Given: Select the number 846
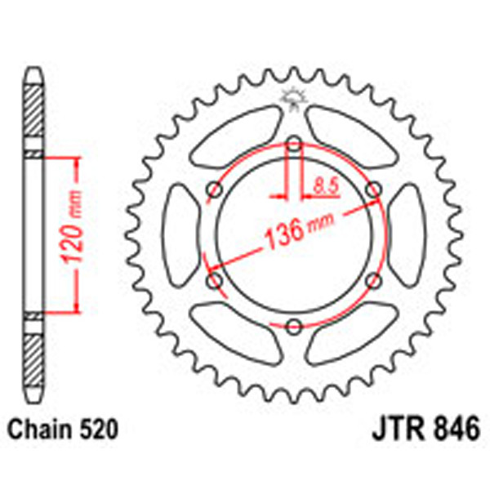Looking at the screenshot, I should pos(455,427).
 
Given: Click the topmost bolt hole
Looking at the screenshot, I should pos(294,145).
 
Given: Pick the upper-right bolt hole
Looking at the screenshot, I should pos(372,189).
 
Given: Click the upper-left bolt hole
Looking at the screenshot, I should pos(216,189).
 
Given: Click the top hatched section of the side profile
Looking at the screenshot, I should pos(33,114).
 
